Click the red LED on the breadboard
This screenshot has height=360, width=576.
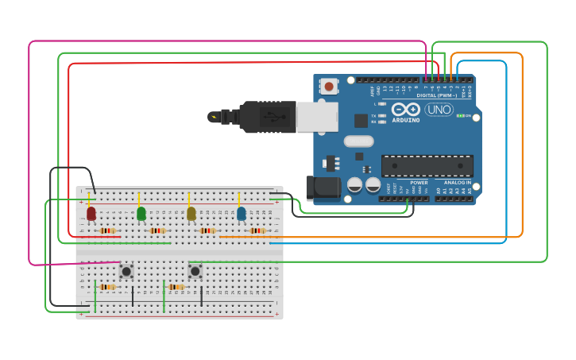click(x=91, y=213)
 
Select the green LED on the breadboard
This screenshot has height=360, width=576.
click(x=141, y=213)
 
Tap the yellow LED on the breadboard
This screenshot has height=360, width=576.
click(x=191, y=213)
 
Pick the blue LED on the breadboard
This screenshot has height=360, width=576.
click(x=242, y=213)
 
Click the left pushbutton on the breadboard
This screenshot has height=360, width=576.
click(x=126, y=271)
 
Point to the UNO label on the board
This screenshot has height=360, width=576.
click(x=439, y=110)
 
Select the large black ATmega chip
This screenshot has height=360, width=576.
click(x=427, y=165)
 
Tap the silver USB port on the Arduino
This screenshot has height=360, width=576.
click(x=316, y=117)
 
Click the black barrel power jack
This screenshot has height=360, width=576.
click(x=323, y=188)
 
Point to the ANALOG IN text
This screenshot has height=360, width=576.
click(x=457, y=182)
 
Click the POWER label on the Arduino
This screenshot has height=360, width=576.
click(x=419, y=182)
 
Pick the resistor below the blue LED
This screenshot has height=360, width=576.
click(x=257, y=230)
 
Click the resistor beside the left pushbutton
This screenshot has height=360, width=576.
click(x=106, y=287)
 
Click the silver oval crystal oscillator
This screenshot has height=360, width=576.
click(x=358, y=141)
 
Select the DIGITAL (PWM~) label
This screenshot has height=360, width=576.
click(x=437, y=95)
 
